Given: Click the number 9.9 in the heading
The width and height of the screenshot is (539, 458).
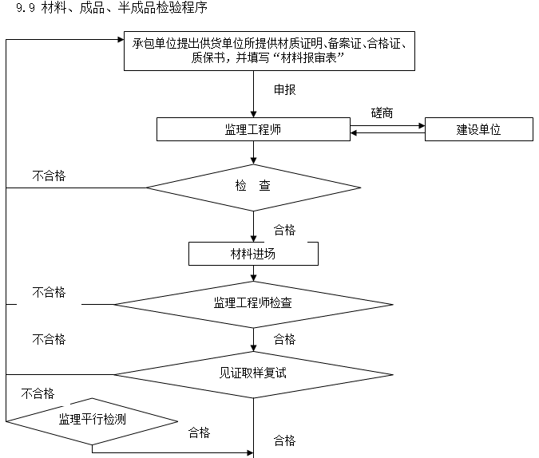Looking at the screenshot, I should (24, 10).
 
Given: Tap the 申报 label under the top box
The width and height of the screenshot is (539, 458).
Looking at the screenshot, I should (285, 89).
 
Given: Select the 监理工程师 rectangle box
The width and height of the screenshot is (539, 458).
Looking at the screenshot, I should (253, 129).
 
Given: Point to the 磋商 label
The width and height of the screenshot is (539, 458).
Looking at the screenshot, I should (382, 113).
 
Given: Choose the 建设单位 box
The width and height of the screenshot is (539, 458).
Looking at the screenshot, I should (478, 129).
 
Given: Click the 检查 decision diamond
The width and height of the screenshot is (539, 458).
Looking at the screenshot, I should (253, 187).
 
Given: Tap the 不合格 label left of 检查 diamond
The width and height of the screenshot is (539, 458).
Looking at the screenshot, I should (49, 176).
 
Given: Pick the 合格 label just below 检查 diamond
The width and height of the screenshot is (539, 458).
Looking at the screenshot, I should (285, 230).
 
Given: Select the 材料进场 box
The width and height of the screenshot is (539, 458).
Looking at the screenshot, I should (253, 254).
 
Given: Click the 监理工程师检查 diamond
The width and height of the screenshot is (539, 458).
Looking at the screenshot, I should (253, 303).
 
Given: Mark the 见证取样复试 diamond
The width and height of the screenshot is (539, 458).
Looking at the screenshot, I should (253, 373).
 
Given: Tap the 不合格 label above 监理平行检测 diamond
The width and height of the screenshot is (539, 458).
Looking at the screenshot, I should (38, 393).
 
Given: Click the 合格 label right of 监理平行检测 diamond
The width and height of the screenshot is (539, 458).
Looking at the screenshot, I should (199, 432).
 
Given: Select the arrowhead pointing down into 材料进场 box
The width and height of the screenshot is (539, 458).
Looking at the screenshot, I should (253, 238).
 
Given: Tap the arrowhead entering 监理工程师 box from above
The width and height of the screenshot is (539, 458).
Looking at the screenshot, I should (253, 114).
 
